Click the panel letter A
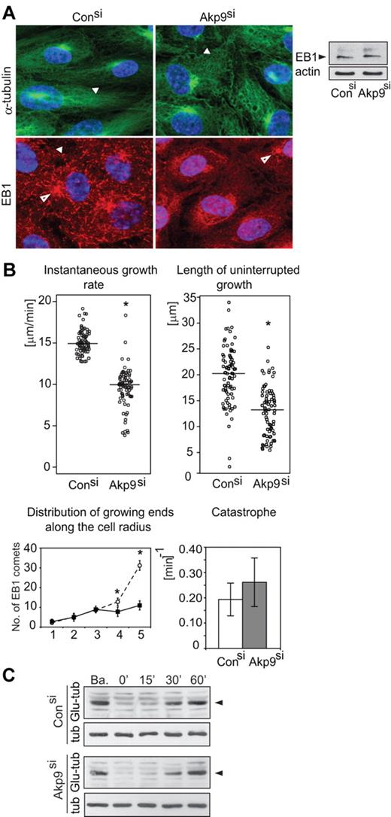pyautogui.click(x=8, y=8)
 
